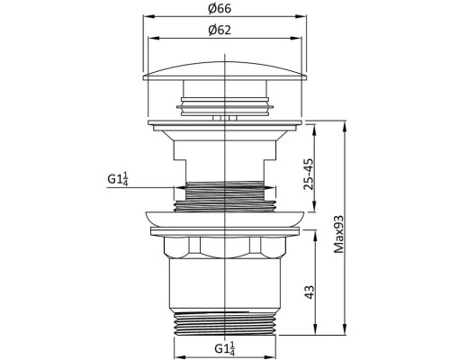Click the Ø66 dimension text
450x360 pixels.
tap(222, 9)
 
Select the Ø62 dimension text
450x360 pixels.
tap(222, 30)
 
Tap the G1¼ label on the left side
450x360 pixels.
tap(117, 178)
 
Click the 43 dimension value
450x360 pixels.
tap(308, 291)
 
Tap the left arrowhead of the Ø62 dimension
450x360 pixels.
tap(152, 39)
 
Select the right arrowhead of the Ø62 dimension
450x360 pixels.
tap(293, 39)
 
